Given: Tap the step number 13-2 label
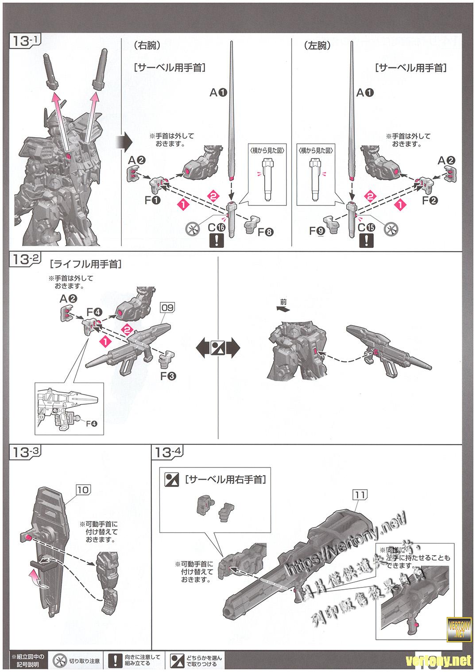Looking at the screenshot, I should click(x=25, y=259).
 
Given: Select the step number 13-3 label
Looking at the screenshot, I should click(x=25, y=452).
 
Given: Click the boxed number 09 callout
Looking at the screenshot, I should click(x=168, y=307).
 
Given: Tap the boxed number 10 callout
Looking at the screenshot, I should click(x=83, y=489).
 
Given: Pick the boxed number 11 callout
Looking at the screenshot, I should click(x=359, y=494).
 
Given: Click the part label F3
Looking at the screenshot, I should click(x=168, y=376).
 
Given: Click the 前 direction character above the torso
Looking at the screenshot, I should click(x=283, y=302).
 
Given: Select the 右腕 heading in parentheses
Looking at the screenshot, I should click(x=146, y=45).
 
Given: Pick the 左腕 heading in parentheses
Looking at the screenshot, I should click(x=318, y=45).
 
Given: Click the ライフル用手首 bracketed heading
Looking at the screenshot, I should click(x=86, y=264).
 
